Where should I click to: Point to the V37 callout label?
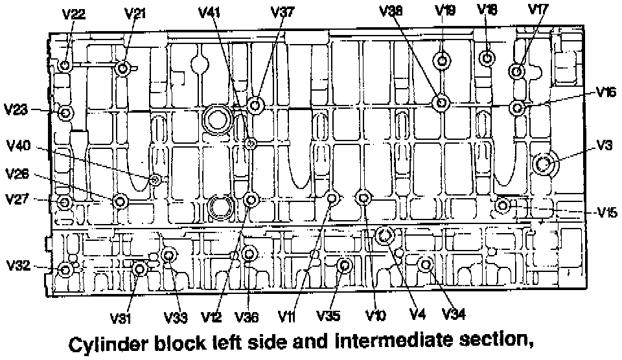point(282,13)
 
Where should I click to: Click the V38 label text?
point(391,10)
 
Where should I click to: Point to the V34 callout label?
point(454,315)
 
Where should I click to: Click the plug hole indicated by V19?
point(443,62)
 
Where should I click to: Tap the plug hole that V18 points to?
point(487,58)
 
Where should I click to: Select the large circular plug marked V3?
point(543,164)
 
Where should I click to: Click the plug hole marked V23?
point(65,113)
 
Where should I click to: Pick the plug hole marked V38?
point(442,102)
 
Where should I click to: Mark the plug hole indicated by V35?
point(345,265)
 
